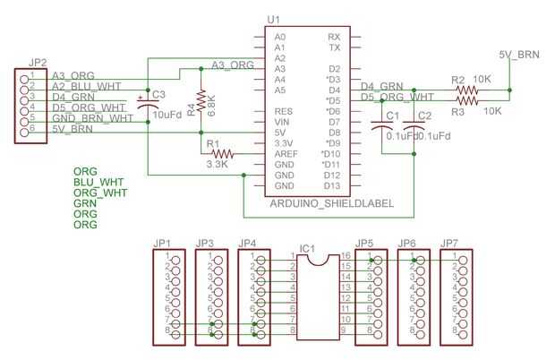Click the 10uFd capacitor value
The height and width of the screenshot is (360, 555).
[x=168, y=115]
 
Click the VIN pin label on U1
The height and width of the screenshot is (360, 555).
[x=281, y=122]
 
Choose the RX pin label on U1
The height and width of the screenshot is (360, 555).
[x=335, y=37]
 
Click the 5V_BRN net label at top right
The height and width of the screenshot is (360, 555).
[x=519, y=56]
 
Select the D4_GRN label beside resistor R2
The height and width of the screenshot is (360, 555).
[x=381, y=86]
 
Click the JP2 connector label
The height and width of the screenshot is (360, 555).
[x=37, y=62]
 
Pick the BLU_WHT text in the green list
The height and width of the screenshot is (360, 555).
[x=98, y=182]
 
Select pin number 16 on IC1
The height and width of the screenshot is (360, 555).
[x=345, y=256]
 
